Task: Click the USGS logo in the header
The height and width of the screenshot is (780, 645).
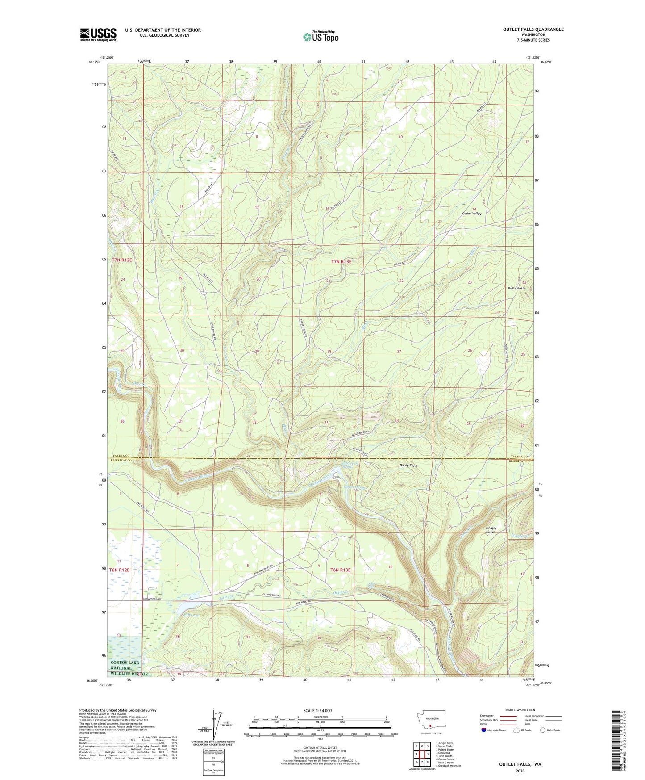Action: (98, 34)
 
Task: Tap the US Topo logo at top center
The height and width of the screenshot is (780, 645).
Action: (320, 37)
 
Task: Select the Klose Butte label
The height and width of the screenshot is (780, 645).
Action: (517, 288)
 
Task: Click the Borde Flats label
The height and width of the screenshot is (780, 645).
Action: (408, 465)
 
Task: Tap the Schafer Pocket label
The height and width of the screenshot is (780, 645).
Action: (491, 530)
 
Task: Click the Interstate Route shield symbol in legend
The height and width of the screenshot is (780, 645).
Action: (483, 730)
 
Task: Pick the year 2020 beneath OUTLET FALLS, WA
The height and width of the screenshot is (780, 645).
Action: (520, 771)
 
